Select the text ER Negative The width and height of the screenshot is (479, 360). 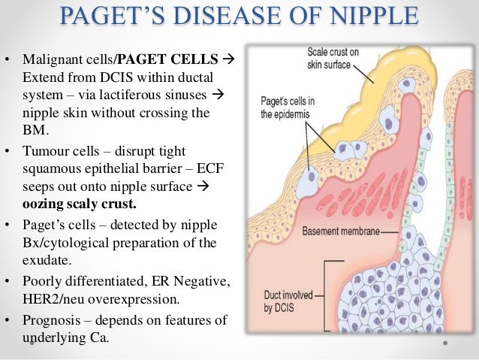pyautogui.click(x=184, y=280)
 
